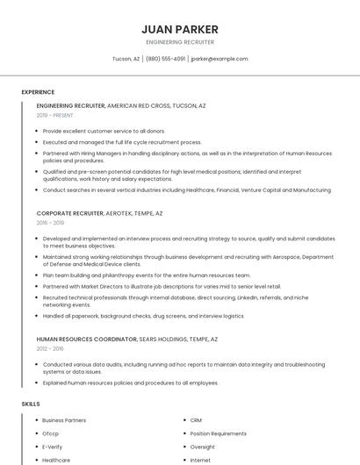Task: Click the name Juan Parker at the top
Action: point(179,29)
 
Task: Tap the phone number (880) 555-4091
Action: point(165,59)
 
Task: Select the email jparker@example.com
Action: point(220,59)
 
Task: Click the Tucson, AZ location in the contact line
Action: point(126,59)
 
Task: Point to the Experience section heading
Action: point(38,92)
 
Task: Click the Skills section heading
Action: point(31,404)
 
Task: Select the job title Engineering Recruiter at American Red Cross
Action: point(70,105)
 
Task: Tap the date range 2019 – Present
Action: point(54,115)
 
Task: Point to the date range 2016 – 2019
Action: point(51,223)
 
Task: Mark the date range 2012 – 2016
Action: point(51,348)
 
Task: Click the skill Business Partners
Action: point(64,420)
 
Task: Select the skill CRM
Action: point(196,420)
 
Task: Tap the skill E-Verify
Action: point(53,447)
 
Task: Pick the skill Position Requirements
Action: point(218,433)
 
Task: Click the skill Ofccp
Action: point(51,433)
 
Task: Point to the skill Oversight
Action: point(203,447)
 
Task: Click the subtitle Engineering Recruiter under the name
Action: point(179,42)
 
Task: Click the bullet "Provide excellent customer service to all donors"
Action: point(104,131)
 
